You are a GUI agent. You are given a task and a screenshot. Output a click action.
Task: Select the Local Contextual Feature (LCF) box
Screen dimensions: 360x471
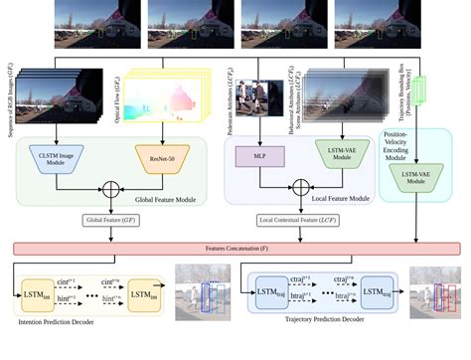[x=299, y=221]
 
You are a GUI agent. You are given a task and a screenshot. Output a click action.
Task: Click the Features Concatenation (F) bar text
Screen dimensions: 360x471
[x=235, y=247]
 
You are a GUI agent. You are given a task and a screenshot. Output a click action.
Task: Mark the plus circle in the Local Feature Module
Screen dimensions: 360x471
[x=299, y=186]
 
